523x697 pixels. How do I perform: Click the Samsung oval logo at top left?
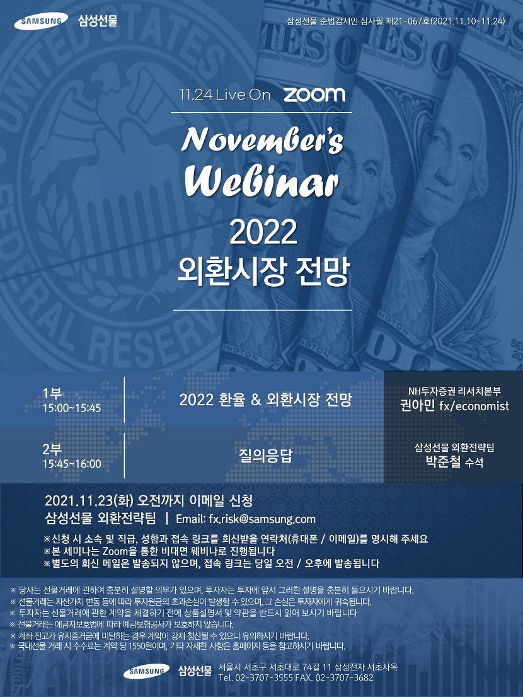click(x=41, y=21)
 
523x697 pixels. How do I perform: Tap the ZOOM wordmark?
click(x=314, y=95)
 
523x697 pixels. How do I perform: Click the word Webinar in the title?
click(x=261, y=181)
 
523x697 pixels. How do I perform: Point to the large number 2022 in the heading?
click(x=263, y=233)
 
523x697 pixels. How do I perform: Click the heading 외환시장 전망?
click(x=262, y=272)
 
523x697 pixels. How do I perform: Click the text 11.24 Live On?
click(x=224, y=95)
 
